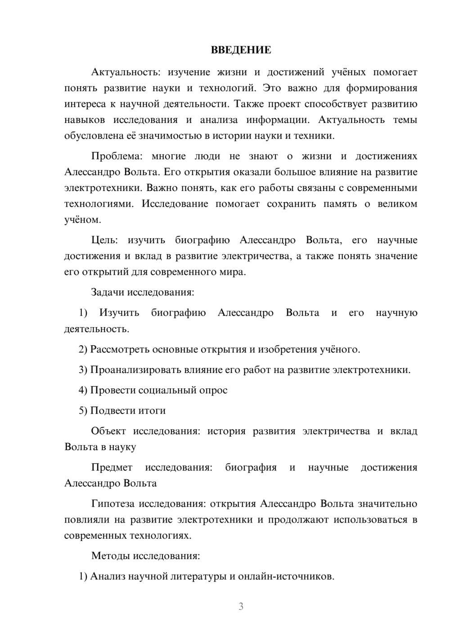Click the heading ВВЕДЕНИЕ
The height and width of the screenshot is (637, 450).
pyautogui.click(x=241, y=50)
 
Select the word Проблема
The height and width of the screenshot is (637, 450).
pyautogui.click(x=117, y=156)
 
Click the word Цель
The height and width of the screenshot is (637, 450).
pyautogui.click(x=104, y=240)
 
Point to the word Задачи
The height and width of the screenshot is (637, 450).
pyautogui.click(x=108, y=292)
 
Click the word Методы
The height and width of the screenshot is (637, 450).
pyautogui.click(x=111, y=555)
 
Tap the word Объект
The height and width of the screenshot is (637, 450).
pyautogui.click(x=108, y=431)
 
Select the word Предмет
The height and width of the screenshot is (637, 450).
pyautogui.click(x=112, y=467)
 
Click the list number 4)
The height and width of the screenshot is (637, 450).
pyautogui.click(x=83, y=390)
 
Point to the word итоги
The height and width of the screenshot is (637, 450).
pyautogui.click(x=153, y=410)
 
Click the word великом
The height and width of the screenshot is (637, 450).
pyautogui.click(x=397, y=204)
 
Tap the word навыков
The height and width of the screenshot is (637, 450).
pyautogui.click(x=85, y=120)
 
